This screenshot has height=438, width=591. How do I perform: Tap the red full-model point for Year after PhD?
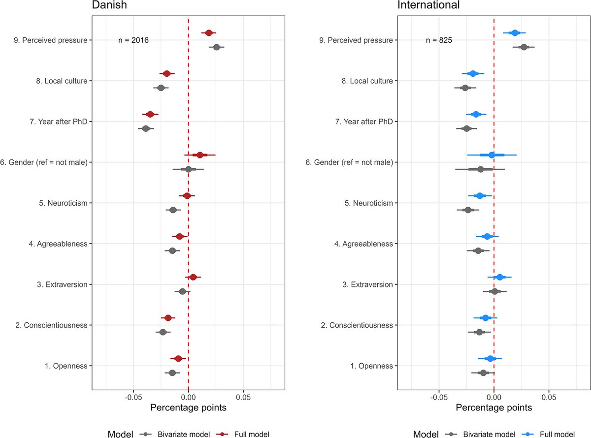point(150,114)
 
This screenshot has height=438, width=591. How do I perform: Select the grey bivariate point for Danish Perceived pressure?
point(216,47)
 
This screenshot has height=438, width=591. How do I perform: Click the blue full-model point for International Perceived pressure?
point(515,33)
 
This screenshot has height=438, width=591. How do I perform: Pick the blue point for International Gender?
point(492,155)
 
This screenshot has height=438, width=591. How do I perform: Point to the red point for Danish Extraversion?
point(193,278)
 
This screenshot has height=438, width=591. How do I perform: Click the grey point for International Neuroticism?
point(468,210)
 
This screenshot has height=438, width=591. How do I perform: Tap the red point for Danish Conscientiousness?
point(168,318)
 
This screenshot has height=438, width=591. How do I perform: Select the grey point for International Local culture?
point(465,88)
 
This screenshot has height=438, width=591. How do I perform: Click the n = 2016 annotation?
point(133,40)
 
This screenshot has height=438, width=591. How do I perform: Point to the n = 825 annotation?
point(439,40)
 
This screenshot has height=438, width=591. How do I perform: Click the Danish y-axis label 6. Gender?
point(44,162)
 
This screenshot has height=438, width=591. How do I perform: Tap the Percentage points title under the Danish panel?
point(188,408)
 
